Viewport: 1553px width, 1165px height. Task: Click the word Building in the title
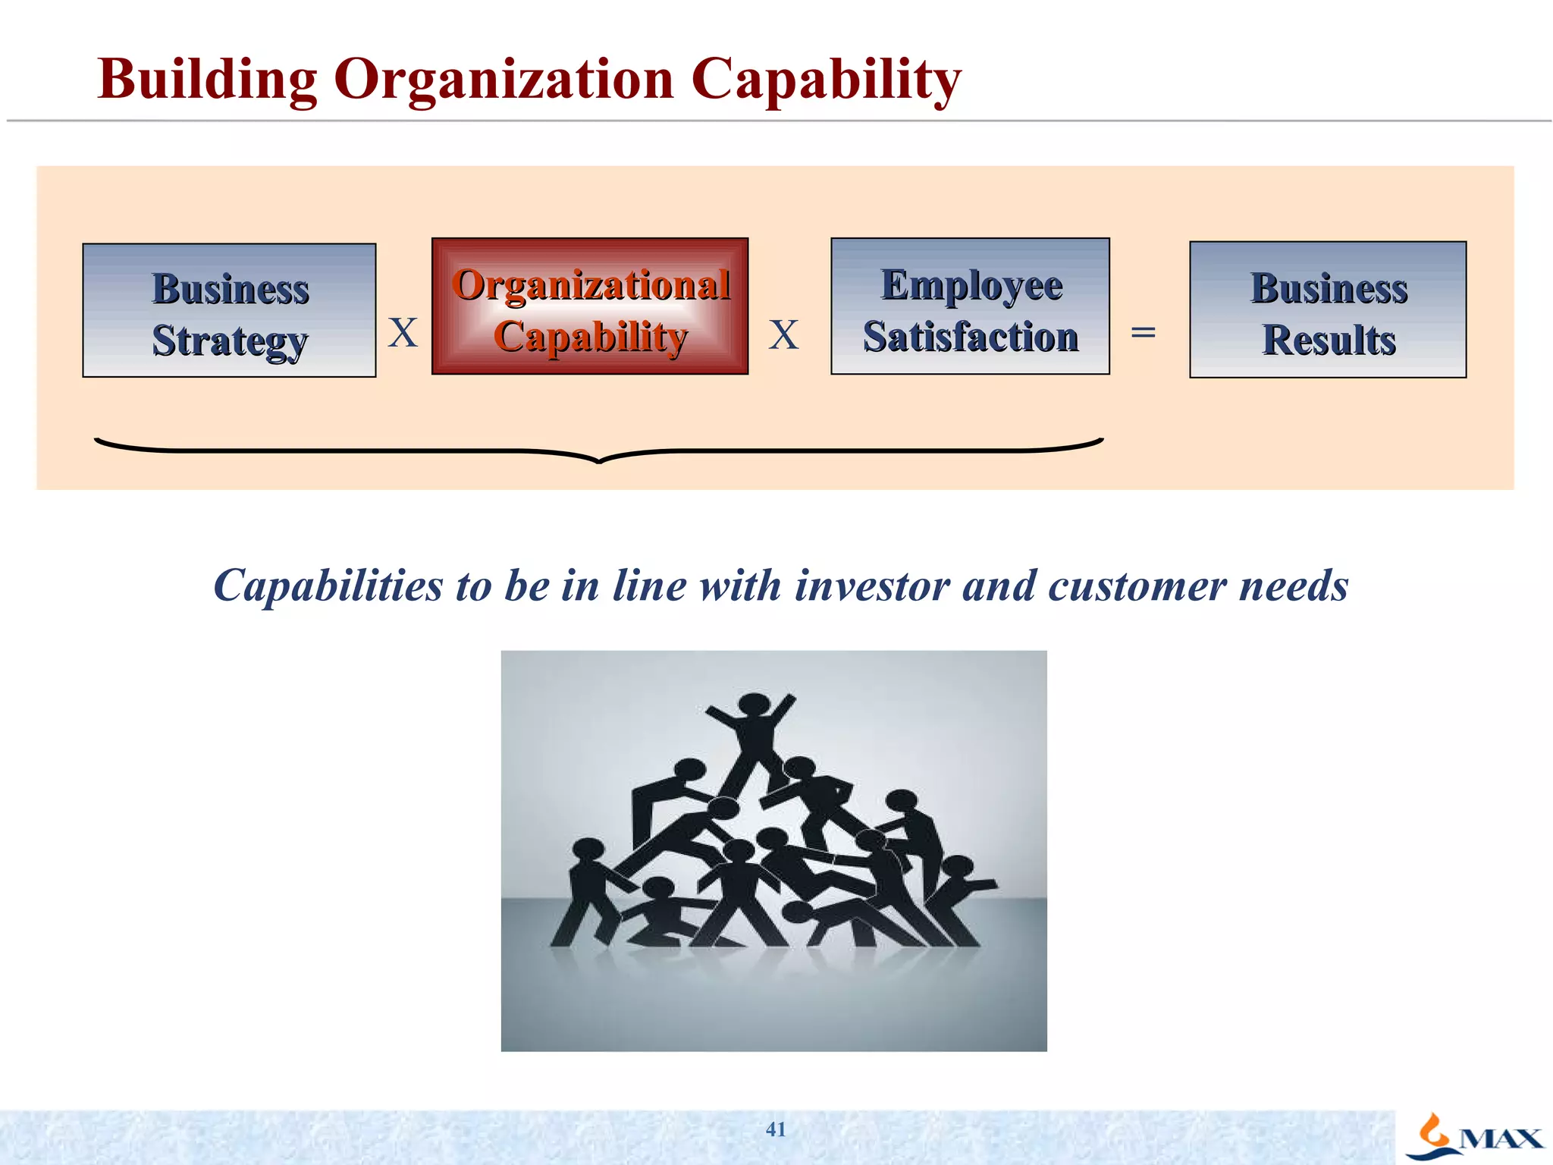[x=207, y=80]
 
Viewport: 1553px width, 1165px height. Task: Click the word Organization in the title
[x=504, y=80]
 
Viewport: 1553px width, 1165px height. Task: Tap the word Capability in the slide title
[x=826, y=80]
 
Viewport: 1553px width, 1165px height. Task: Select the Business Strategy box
[x=229, y=310]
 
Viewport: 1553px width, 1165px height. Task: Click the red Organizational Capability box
[x=590, y=306]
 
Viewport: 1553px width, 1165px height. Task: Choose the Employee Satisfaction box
[x=970, y=306]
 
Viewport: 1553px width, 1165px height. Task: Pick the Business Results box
[x=1328, y=309]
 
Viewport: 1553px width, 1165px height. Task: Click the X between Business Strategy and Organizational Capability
[x=403, y=333]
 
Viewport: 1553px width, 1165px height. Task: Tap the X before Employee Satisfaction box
[x=783, y=334]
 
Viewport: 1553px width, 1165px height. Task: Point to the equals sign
[x=1143, y=332]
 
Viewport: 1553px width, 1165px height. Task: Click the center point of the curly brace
[x=599, y=458]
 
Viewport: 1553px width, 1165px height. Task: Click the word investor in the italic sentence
[x=872, y=586]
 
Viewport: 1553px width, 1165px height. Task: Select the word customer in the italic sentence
[x=1137, y=586]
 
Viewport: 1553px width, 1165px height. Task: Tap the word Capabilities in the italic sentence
[x=328, y=586]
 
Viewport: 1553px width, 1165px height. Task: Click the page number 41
[x=776, y=1129]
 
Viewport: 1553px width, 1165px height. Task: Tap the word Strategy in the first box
[x=230, y=341]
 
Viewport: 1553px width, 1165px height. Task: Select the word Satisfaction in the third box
[x=971, y=337]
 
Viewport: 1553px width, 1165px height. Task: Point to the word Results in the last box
[x=1329, y=340]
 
